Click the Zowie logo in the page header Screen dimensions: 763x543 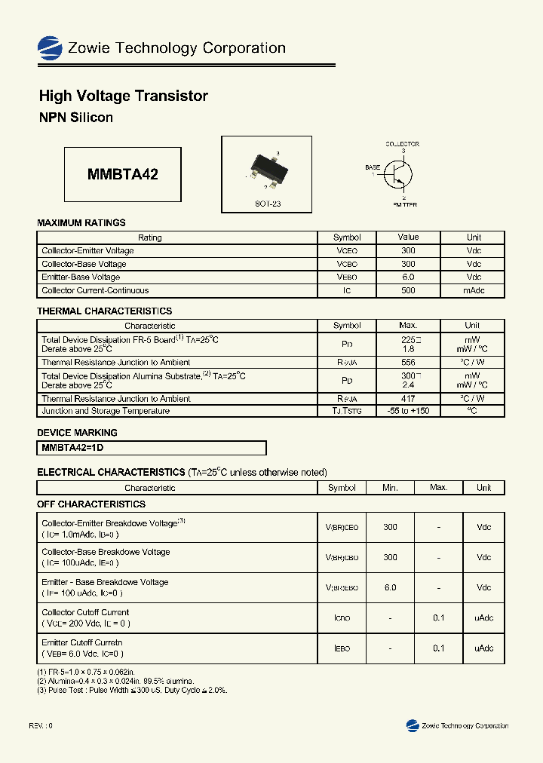pos(50,48)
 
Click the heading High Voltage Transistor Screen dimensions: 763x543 pos(123,96)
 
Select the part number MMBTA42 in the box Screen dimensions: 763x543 pos(123,174)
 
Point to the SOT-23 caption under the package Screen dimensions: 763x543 pos(267,204)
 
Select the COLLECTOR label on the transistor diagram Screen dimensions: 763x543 pos(402,144)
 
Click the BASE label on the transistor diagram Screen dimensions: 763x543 pos(373,167)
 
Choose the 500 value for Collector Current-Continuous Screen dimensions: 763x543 pos(408,290)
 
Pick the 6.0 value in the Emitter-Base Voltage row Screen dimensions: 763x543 pos(408,277)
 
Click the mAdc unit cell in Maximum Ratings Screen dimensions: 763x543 pos(474,290)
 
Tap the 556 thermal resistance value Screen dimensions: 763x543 pos(408,363)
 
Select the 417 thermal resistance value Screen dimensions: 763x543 pos(408,398)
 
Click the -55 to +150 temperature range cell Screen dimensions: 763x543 pos(408,411)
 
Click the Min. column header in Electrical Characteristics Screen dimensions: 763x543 pos(390,488)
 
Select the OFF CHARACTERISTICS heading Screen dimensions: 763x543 pos(91,504)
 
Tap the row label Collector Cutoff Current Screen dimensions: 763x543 pos(85,612)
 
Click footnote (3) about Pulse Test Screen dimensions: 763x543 pos(132,690)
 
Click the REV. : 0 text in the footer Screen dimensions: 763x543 pos(41,725)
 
